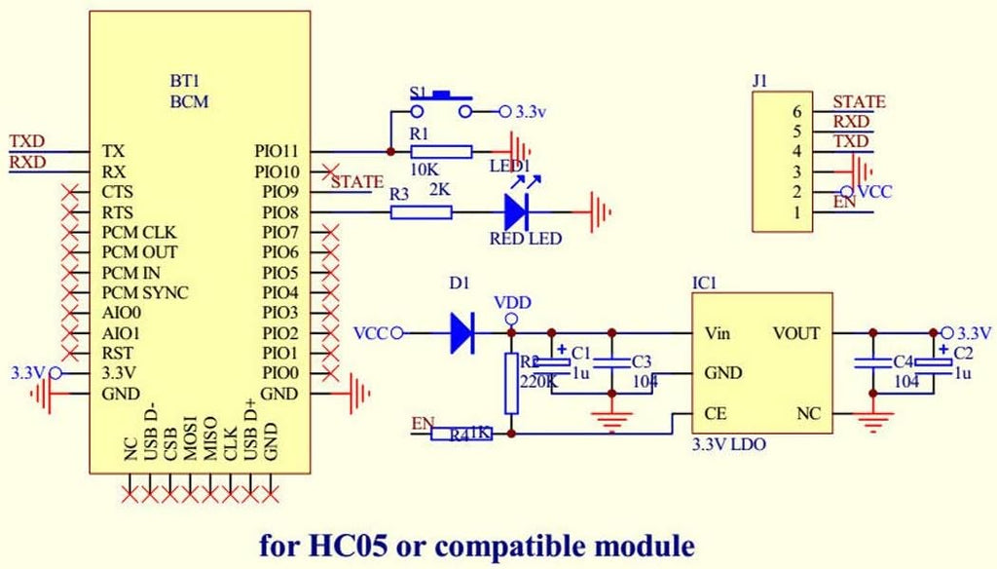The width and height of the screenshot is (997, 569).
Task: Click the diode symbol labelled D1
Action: point(462,333)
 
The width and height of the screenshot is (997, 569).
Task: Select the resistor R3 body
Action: point(421,211)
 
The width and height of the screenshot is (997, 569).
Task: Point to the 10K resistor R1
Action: point(441,152)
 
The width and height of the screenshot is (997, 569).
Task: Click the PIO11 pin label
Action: point(276,152)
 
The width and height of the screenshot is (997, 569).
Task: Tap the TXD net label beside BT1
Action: point(27,141)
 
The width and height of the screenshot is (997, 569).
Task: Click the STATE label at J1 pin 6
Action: point(859,101)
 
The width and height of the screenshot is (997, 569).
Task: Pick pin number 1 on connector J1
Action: point(796,212)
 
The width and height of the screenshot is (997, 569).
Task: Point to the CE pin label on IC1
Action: point(714,414)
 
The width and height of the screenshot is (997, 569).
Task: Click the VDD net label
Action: point(512,303)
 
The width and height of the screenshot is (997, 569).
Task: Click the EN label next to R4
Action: point(423,423)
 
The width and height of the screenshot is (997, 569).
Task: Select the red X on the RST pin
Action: point(69,353)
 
